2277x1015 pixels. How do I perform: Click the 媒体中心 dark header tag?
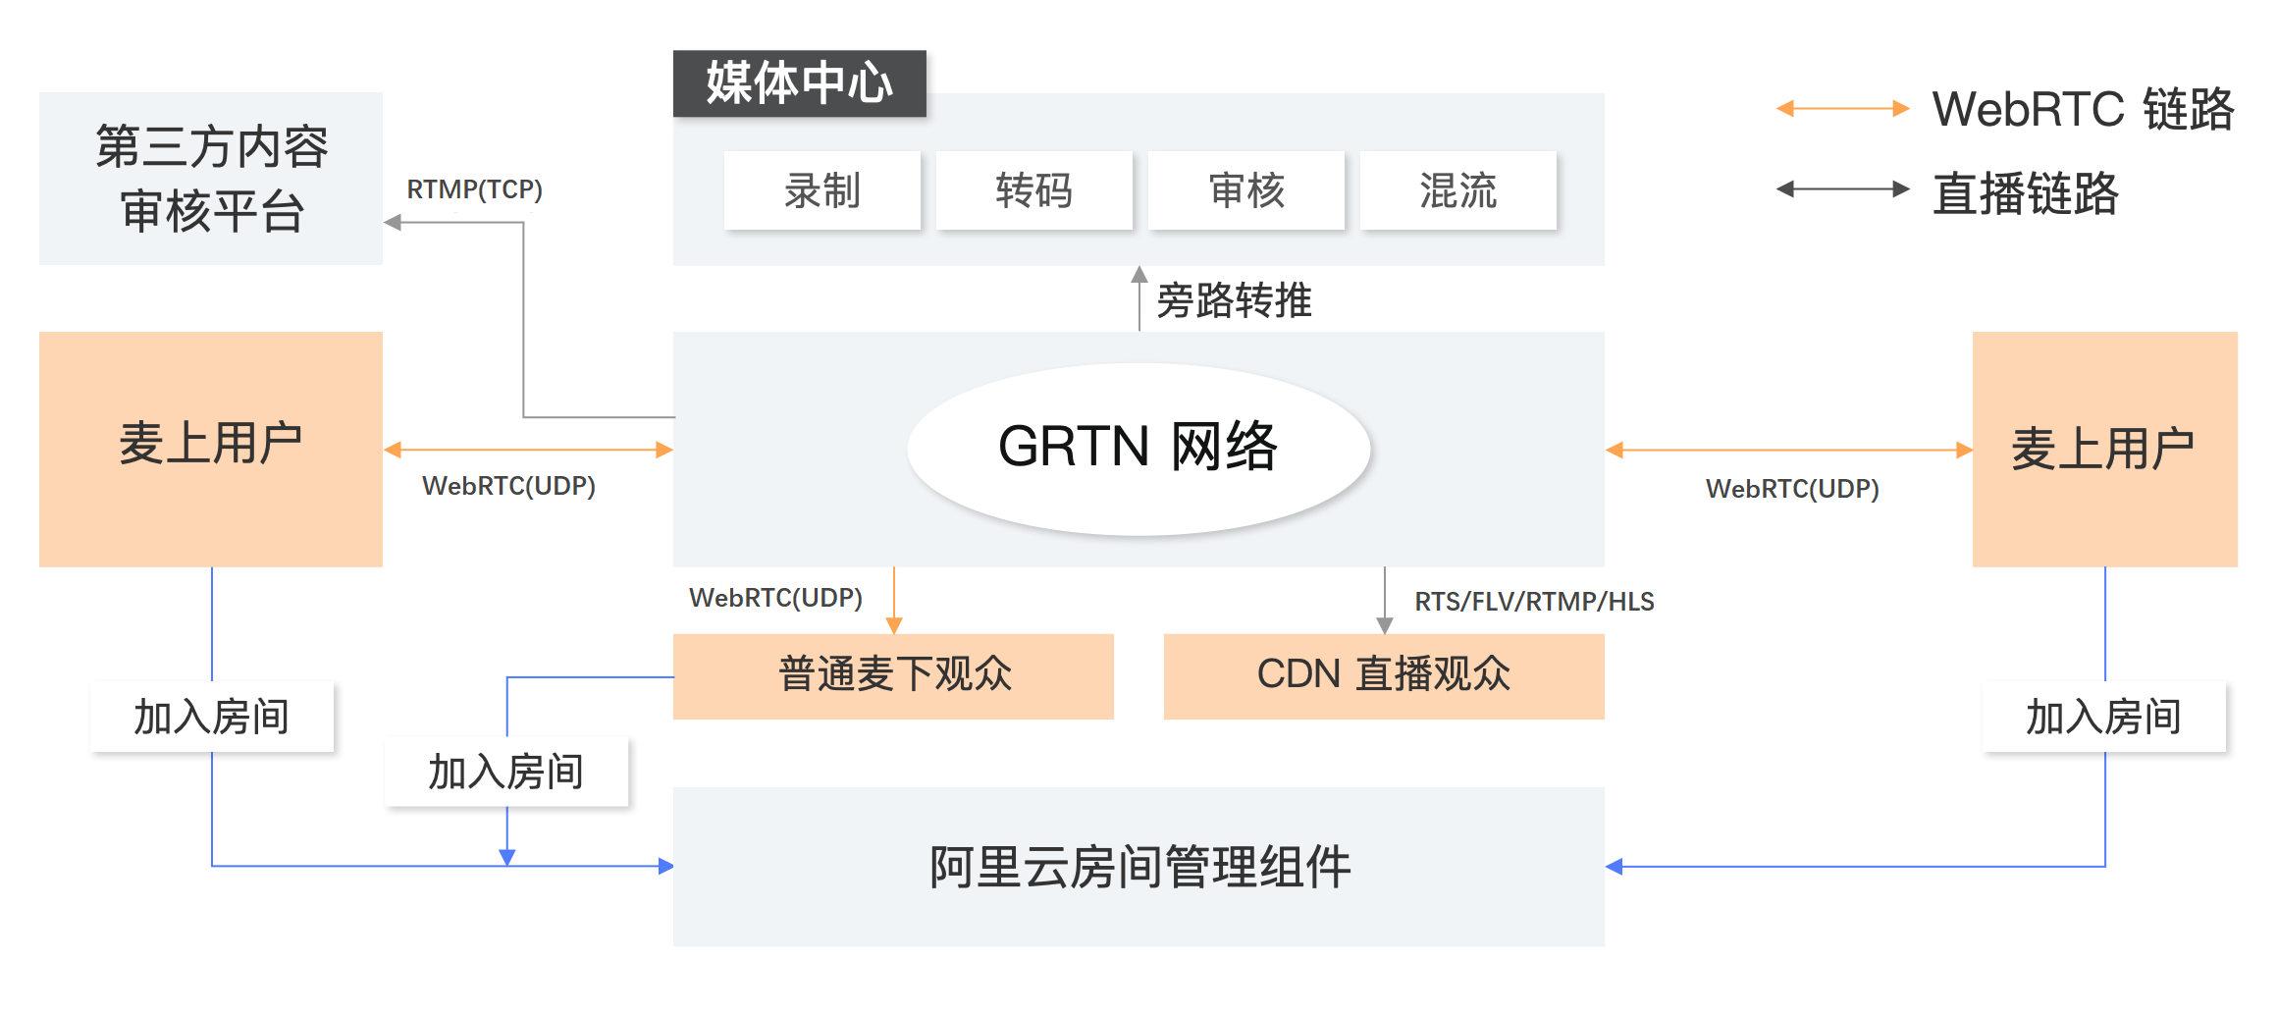point(799,83)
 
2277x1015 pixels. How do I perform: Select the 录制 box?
point(821,190)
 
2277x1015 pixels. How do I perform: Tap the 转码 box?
point(1033,190)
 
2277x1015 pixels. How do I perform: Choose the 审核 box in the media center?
point(1245,190)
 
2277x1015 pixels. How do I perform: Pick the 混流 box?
point(1457,190)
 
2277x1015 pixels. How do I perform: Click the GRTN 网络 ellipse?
point(1138,449)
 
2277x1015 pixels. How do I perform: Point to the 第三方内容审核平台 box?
point(211,179)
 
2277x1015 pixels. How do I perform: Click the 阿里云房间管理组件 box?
point(1138,867)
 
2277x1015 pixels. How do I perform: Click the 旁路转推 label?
point(1234,300)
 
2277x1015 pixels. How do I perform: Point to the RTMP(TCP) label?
point(474,189)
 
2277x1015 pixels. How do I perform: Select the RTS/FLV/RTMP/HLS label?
point(1534,602)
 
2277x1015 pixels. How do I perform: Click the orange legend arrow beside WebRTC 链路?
point(1842,109)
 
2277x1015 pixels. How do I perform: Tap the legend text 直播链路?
point(2026,193)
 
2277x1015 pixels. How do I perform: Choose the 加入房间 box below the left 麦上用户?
point(211,718)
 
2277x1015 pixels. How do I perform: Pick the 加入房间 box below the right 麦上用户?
point(2103,718)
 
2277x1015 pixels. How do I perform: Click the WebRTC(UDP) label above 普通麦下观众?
point(775,598)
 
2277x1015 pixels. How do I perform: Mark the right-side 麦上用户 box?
point(2104,449)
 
